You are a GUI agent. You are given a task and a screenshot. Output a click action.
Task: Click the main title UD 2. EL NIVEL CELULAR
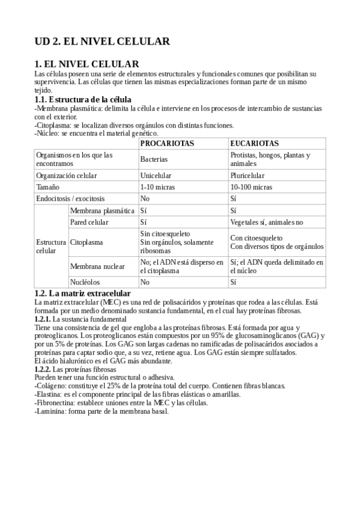tap(102, 41)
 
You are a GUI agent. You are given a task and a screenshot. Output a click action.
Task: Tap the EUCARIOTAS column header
tap(254, 144)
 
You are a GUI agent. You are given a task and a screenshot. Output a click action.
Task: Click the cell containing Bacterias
tap(154, 159)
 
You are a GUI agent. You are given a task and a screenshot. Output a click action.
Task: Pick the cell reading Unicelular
tap(156, 176)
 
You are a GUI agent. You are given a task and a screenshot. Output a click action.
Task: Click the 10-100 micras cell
tap(251, 187)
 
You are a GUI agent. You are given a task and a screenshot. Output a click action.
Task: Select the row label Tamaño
tap(48, 187)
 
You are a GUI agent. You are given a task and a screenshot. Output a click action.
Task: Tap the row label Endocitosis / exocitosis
tap(70, 198)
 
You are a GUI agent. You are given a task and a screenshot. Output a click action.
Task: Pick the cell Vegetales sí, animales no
tap(267, 222)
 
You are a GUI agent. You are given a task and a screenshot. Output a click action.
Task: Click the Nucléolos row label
tap(85, 281)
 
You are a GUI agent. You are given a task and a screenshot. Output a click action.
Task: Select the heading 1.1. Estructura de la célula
tap(83, 99)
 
